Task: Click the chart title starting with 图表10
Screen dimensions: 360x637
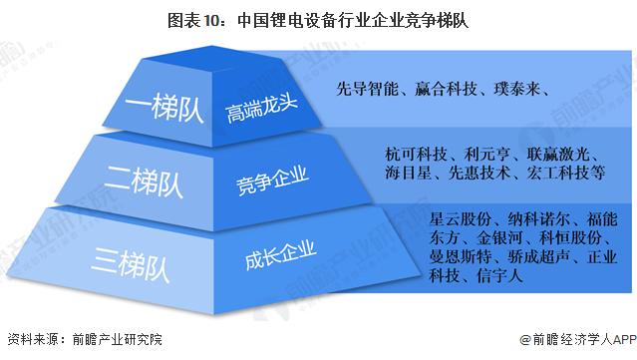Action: (318, 17)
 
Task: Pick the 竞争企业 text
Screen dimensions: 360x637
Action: (265, 182)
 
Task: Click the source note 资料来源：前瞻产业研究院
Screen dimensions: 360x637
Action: (84, 340)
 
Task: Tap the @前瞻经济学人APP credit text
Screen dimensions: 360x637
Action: (570, 340)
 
